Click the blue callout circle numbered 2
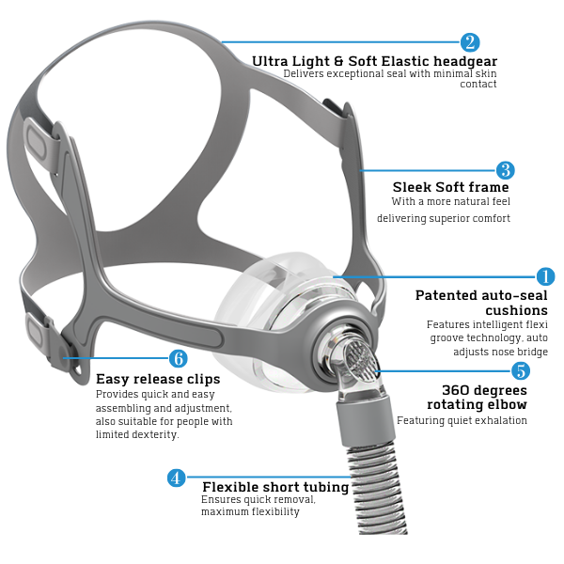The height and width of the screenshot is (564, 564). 470,42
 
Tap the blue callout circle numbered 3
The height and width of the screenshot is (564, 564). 506,170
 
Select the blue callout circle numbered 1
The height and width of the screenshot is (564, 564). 545,276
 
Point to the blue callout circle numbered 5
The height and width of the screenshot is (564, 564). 520,371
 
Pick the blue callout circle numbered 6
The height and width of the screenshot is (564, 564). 178,358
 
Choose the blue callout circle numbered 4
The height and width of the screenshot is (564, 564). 176,478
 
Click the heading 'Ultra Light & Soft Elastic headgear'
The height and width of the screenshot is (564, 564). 373,61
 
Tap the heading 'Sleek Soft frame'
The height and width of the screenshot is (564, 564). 450,187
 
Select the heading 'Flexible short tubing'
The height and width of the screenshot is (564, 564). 275,487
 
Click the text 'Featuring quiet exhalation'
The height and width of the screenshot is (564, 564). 462,420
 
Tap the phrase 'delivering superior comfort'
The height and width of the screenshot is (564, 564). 444,218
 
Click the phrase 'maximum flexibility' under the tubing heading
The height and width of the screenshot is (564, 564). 250,512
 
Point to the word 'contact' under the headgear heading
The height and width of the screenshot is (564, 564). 478,85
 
